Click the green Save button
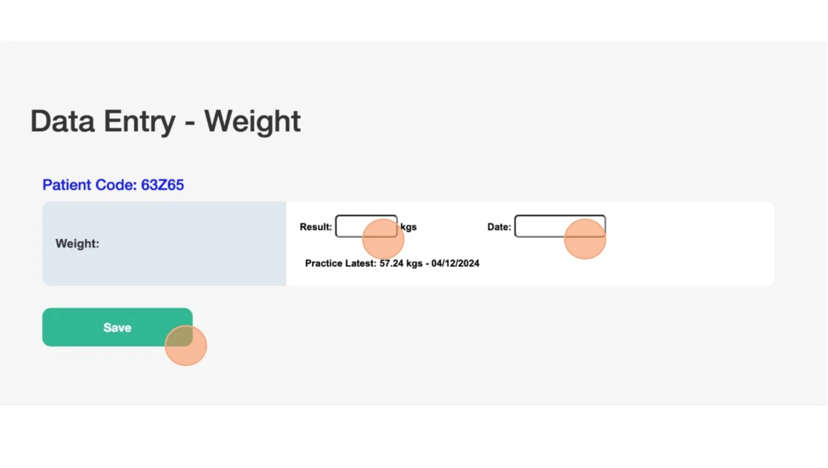116,327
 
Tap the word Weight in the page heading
252,121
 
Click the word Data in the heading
62,121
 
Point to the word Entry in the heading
139,122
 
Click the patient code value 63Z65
162,185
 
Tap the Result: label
315,227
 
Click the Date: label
499,227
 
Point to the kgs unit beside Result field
409,227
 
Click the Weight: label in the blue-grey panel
77,243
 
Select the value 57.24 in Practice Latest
391,263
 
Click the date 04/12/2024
455,263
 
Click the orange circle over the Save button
186,345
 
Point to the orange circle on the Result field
383,239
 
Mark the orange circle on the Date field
585,239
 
